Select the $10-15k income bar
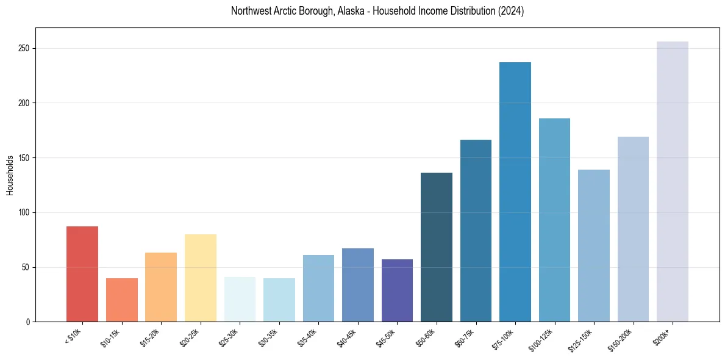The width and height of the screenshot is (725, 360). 121,300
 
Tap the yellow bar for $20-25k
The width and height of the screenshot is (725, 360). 200,278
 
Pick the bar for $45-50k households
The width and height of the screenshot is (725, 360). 397,290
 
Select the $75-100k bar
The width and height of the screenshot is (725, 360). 515,192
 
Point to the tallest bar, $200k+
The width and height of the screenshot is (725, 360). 673,181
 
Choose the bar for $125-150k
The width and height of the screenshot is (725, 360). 594,245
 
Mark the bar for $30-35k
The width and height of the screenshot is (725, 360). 279,300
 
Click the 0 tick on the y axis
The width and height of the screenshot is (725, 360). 28,322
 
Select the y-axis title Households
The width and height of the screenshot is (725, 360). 10,175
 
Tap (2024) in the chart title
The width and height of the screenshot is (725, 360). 511,11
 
